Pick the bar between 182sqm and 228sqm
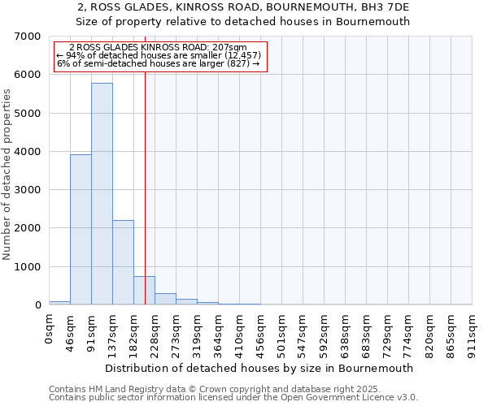tap(144, 291)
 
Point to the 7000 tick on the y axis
tap(29, 37)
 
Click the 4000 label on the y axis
tap(29, 152)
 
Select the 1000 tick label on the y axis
tap(29, 267)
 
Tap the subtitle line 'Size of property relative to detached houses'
tap(243, 22)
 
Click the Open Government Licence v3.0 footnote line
tap(233, 398)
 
